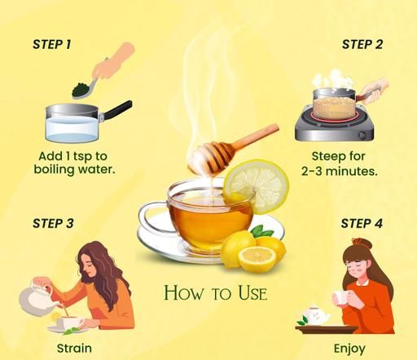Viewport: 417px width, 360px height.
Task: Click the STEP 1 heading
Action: (x=52, y=44)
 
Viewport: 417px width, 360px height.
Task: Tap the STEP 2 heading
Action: (x=362, y=44)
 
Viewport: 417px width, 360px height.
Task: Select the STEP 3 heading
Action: (x=53, y=223)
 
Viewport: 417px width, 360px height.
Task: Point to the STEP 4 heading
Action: (x=362, y=223)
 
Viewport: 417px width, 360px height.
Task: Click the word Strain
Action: (x=74, y=348)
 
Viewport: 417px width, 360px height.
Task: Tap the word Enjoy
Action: (x=349, y=349)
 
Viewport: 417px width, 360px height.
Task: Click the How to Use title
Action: (x=216, y=293)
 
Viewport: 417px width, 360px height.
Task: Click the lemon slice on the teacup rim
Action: (x=257, y=186)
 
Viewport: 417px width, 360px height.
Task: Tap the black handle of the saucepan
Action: (x=117, y=110)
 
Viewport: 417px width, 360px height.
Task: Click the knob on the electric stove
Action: (x=362, y=134)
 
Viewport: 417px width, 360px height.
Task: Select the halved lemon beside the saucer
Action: (x=257, y=260)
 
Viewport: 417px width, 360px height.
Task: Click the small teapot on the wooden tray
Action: (x=315, y=315)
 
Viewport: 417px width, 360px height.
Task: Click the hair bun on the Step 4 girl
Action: (x=361, y=243)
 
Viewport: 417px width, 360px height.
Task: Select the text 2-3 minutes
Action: (x=340, y=171)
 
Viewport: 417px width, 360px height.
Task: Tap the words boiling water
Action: (x=74, y=169)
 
